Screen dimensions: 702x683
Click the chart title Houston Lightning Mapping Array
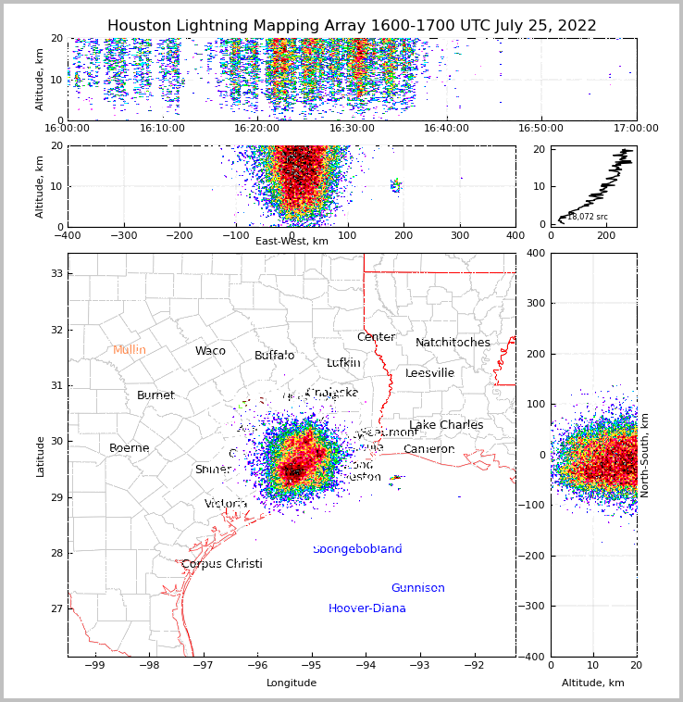coord(352,26)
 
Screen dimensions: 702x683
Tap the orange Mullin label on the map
coord(130,350)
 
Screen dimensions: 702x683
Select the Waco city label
coord(210,351)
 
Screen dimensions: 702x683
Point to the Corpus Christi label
coord(222,564)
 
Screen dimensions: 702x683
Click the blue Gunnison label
coord(417,588)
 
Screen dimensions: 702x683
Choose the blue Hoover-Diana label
coord(367,608)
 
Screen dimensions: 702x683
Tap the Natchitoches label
coord(453,343)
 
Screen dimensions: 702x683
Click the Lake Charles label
coord(446,425)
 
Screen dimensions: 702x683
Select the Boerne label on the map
coord(130,448)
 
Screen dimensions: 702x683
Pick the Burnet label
coord(155,395)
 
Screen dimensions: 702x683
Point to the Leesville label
coord(430,373)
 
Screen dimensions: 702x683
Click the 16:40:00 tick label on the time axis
coord(446,129)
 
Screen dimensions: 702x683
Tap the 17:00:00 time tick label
coord(635,129)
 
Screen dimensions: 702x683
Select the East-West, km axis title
coord(292,242)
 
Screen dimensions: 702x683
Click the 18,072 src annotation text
coord(588,217)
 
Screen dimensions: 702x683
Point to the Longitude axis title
coord(292,683)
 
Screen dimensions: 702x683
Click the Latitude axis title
coord(40,456)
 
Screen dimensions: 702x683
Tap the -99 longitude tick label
coord(94,665)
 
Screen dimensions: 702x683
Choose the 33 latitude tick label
coord(56,273)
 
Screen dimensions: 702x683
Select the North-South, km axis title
coord(645,455)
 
